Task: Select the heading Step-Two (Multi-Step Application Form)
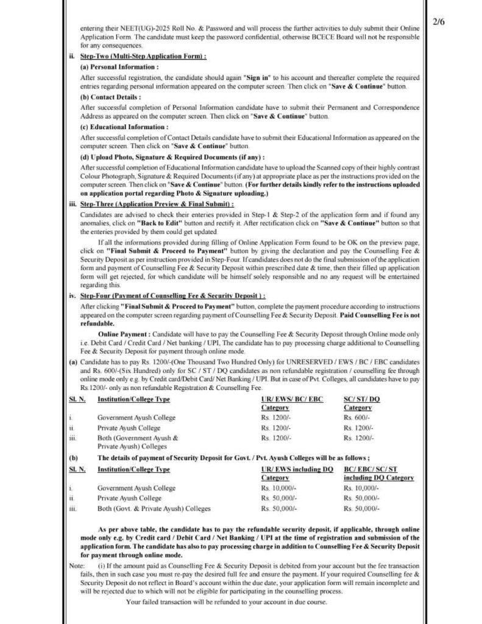143,56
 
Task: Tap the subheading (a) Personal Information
119,66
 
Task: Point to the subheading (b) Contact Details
110,96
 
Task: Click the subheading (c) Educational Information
124,127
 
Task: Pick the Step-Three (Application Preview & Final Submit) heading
157,204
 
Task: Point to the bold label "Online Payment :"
124,335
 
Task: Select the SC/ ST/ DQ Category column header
361,403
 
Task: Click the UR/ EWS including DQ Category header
297,473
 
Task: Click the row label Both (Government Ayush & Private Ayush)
138,442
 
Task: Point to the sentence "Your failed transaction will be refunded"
226,602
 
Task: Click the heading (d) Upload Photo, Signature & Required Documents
172,157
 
